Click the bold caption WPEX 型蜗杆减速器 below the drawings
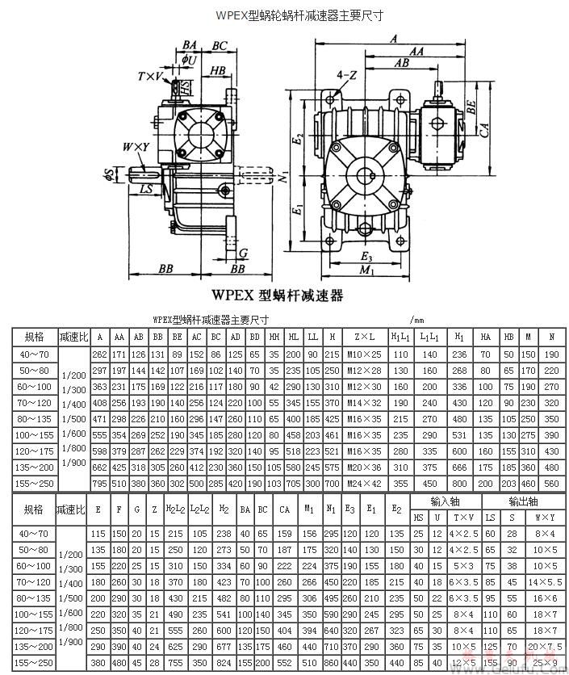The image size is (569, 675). click(x=277, y=296)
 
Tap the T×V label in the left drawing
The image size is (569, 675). click(x=150, y=76)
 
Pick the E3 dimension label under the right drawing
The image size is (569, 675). click(x=369, y=257)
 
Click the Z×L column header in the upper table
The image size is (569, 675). click(x=358, y=336)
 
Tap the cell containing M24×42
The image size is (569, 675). click(x=358, y=483)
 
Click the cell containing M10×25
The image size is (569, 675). click(x=358, y=354)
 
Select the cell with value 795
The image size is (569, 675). click(x=99, y=483)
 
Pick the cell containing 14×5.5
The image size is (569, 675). click(x=539, y=581)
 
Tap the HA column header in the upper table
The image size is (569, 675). click(x=485, y=336)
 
